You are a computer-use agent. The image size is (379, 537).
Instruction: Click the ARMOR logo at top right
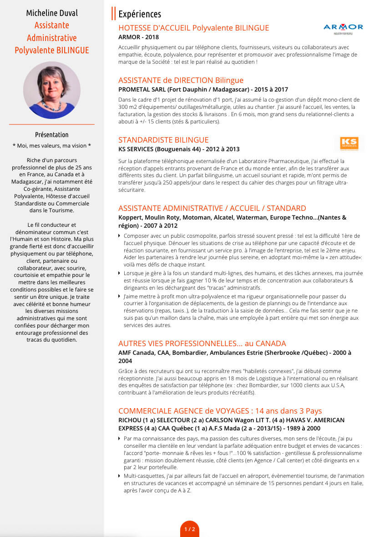click(343, 29)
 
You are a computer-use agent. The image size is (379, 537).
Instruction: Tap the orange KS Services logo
click(349, 143)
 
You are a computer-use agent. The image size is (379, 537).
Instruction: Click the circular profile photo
click(52, 90)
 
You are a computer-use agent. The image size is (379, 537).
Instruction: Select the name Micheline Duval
click(52, 13)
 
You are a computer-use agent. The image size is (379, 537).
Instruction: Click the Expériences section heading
click(140, 15)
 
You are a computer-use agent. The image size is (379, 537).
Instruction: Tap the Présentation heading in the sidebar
click(52, 135)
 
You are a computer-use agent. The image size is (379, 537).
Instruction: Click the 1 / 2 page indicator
click(190, 529)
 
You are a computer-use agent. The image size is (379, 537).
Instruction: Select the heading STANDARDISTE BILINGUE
click(163, 140)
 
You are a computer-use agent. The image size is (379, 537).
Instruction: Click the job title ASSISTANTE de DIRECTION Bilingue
click(181, 80)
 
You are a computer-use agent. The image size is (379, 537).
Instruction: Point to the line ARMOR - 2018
click(139, 37)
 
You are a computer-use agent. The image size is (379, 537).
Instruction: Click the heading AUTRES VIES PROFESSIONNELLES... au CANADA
click(202, 343)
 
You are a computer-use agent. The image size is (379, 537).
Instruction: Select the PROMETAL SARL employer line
click(203, 90)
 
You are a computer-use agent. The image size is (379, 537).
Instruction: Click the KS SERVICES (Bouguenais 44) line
click(179, 149)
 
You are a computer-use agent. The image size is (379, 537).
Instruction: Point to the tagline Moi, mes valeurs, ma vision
click(52, 146)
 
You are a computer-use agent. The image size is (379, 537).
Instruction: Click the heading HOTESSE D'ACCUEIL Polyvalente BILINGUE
click(193, 28)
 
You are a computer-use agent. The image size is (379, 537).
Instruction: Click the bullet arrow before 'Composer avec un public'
click(120, 236)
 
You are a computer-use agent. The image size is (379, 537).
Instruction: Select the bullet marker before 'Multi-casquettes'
click(120, 476)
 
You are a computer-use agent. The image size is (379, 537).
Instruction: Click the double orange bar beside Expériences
click(113, 14)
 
